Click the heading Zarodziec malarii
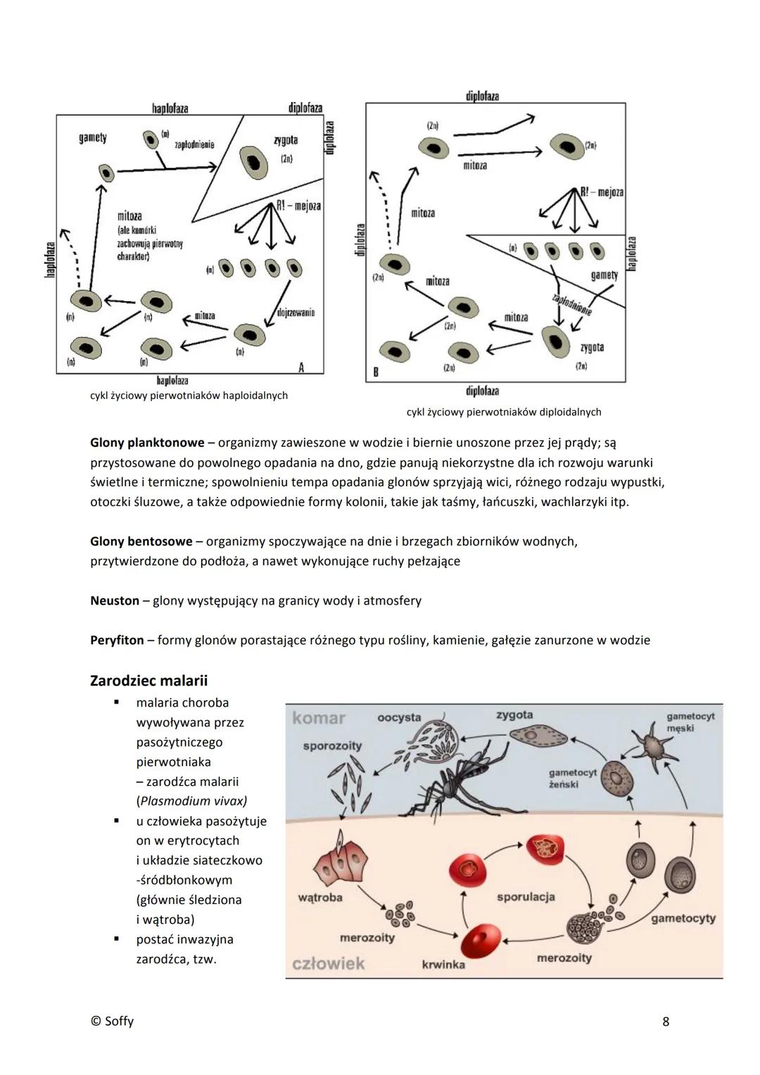click(x=148, y=681)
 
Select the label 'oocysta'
click(x=399, y=718)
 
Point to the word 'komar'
click(x=319, y=718)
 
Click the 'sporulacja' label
click(x=526, y=897)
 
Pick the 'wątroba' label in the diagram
click(x=320, y=898)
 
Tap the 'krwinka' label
click(x=443, y=965)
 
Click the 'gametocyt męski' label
click(x=690, y=722)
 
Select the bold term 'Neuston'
click(x=115, y=601)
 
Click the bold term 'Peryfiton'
click(x=117, y=640)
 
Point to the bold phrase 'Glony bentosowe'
click(x=141, y=542)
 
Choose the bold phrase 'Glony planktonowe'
click(x=147, y=443)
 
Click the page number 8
click(x=666, y=1022)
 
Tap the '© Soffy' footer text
click(x=112, y=1022)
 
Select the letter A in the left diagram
click(x=301, y=367)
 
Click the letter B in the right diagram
click(x=376, y=372)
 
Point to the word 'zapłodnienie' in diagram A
click(x=194, y=144)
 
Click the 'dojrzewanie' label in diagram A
click(x=296, y=312)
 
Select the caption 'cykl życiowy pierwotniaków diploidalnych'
click(x=503, y=412)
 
